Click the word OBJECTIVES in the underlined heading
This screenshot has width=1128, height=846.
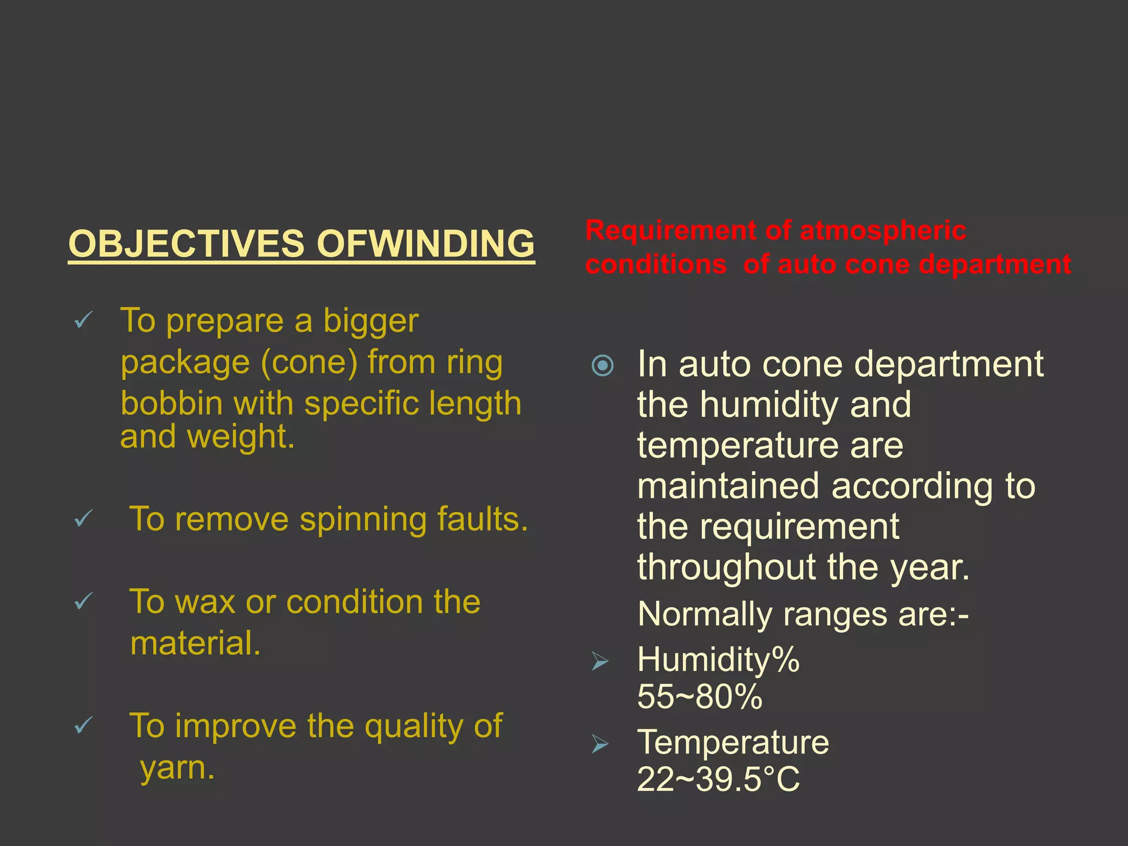pyautogui.click(x=186, y=243)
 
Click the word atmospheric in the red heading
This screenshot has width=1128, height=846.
pyautogui.click(x=882, y=230)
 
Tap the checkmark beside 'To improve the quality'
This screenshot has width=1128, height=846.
pyautogui.click(x=83, y=725)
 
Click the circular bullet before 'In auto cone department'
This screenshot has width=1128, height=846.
pyautogui.click(x=602, y=365)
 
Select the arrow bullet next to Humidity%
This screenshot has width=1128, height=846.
pyautogui.click(x=600, y=660)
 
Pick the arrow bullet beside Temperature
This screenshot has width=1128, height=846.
pyautogui.click(x=600, y=744)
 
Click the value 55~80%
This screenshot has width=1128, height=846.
pyautogui.click(x=699, y=697)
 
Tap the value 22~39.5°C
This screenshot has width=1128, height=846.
pyautogui.click(x=718, y=779)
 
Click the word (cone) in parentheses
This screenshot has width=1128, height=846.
pyautogui.click(x=309, y=363)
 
